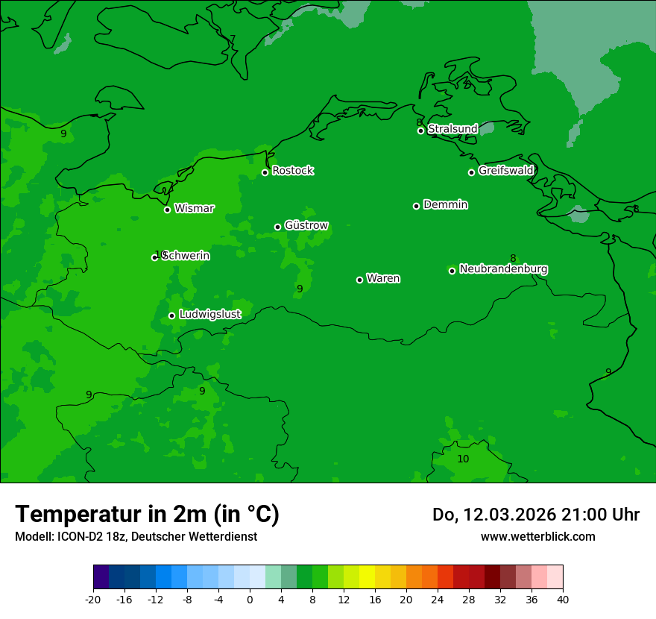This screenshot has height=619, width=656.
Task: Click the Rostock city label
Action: [292, 171]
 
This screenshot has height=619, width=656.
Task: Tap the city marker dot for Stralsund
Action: [420, 131]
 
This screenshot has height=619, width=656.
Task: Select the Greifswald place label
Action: [505, 171]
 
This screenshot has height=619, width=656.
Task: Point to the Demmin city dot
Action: [416, 206]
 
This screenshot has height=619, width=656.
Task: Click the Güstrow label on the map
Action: [306, 225]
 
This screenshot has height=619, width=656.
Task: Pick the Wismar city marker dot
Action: [167, 210]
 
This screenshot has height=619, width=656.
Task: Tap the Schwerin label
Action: [186, 256]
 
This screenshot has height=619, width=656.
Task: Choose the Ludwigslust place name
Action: [209, 315]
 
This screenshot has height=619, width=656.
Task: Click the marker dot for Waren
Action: [359, 280]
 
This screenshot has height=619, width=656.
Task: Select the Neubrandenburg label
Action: [503, 269]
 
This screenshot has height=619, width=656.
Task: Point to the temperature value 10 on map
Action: [463, 459]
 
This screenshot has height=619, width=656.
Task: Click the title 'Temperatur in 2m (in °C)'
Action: [147, 514]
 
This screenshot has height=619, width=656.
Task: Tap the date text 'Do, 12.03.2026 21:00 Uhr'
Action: [535, 515]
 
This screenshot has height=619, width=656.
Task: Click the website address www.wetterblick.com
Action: [537, 536]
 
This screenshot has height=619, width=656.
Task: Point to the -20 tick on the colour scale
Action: [93, 599]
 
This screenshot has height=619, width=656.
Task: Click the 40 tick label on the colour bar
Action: [563, 599]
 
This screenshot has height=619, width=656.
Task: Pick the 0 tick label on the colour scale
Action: [250, 599]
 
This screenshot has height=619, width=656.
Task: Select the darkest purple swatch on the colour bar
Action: [101, 577]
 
